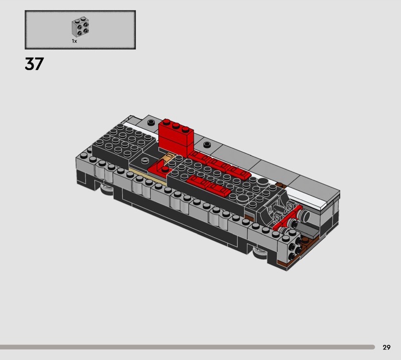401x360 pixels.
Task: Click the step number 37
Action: point(34,64)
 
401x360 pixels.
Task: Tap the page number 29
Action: point(386,347)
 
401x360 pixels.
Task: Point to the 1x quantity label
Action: point(74,41)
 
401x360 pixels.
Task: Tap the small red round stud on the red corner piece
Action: point(165,169)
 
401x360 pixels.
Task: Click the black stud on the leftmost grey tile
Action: point(151,122)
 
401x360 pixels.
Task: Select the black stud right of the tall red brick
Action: point(207,144)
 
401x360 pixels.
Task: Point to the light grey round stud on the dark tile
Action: point(145,160)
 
